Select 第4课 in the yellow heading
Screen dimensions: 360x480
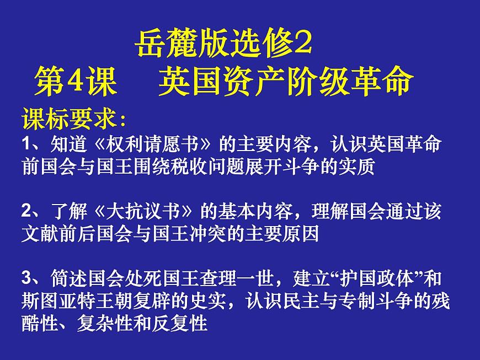(x=76, y=82)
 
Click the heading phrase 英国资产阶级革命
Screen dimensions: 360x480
(x=285, y=82)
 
